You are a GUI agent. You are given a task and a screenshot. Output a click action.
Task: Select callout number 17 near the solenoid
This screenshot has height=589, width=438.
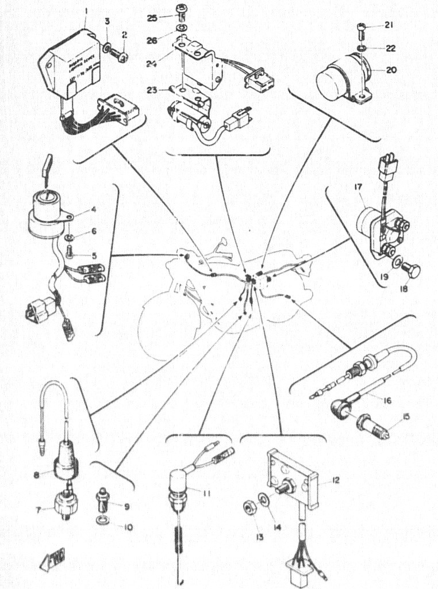click(357, 187)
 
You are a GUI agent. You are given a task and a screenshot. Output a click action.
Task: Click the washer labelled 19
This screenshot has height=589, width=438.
click(397, 263)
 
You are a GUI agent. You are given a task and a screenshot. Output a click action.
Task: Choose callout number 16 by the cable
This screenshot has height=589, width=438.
click(386, 400)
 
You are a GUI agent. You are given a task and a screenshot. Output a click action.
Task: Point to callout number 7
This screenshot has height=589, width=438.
click(39, 508)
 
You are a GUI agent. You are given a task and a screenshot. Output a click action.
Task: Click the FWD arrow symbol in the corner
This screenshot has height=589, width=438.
click(53, 559)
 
